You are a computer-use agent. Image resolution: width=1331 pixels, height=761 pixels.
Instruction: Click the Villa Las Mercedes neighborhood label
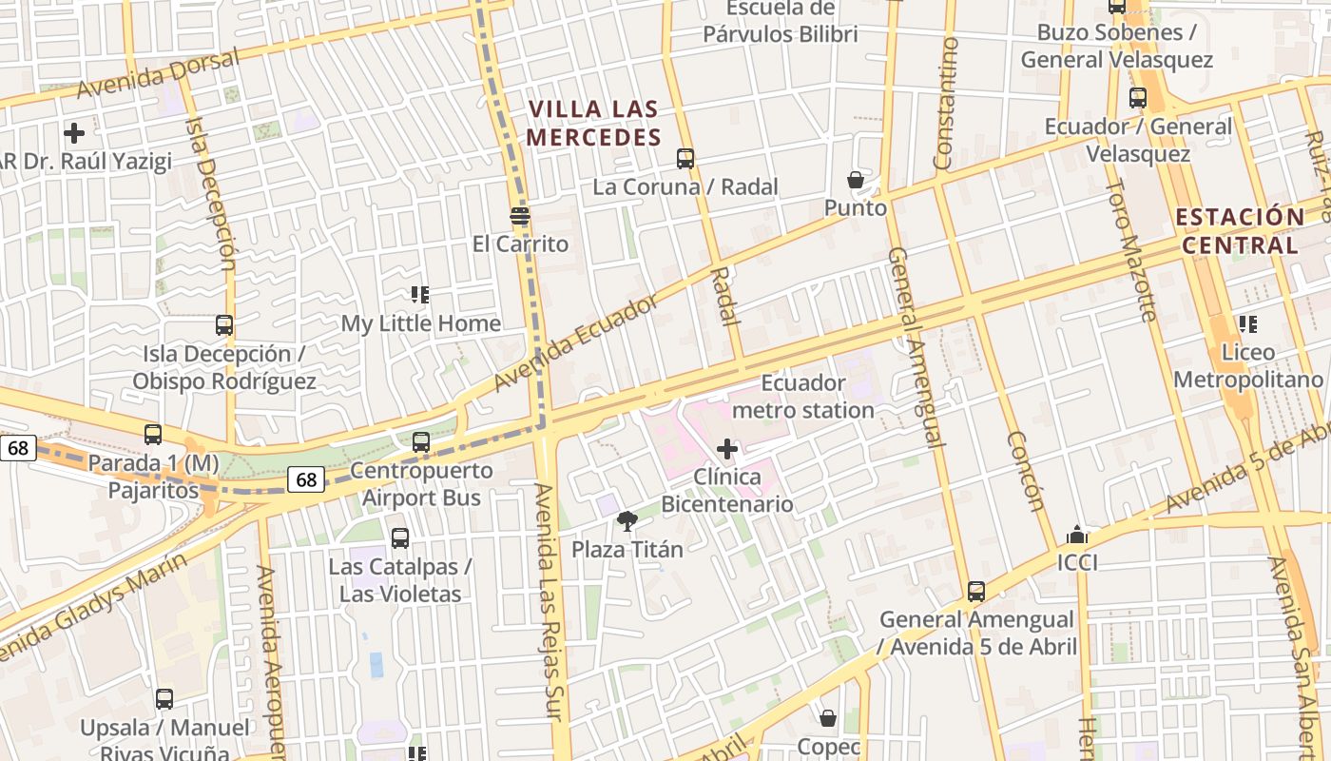pyautogui.click(x=593, y=124)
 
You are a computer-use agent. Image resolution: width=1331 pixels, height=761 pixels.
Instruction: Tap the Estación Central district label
pyautogui.click(x=1239, y=231)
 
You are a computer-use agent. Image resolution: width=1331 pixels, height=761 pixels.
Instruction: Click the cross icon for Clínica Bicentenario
pyautogui.click(x=727, y=448)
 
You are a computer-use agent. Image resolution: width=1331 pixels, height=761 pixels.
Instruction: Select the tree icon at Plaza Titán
pyautogui.click(x=627, y=520)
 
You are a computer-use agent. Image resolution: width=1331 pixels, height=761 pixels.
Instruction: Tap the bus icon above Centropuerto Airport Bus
pyautogui.click(x=421, y=442)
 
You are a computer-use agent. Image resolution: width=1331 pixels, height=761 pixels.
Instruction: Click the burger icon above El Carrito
pyautogui.click(x=519, y=216)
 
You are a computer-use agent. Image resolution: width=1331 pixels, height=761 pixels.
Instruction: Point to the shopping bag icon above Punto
pyautogui.click(x=856, y=180)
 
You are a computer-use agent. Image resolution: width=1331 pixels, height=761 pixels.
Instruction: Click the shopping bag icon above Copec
pyautogui.click(x=828, y=718)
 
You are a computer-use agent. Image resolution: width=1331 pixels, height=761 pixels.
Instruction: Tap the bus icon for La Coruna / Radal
pyautogui.click(x=685, y=159)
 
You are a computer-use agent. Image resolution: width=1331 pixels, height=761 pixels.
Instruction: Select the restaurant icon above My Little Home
pyautogui.click(x=420, y=295)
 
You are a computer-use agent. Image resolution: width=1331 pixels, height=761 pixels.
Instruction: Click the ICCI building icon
pyautogui.click(x=1077, y=536)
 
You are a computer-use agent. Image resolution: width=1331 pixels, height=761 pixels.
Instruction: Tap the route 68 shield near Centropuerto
pyautogui.click(x=306, y=479)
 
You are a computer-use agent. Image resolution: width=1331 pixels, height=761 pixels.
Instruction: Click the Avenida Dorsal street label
pyautogui.click(x=158, y=75)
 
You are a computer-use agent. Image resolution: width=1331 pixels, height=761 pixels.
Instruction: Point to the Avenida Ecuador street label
pyautogui.click(x=576, y=343)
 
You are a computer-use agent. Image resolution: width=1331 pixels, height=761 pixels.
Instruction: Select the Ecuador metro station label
pyautogui.click(x=803, y=397)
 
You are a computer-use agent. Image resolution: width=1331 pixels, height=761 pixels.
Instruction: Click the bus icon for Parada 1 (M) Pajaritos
pyautogui.click(x=153, y=435)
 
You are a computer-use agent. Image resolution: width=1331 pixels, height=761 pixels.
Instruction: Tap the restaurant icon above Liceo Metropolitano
pyautogui.click(x=1247, y=324)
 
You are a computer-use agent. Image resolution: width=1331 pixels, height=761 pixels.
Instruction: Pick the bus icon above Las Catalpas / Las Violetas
pyautogui.click(x=400, y=538)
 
